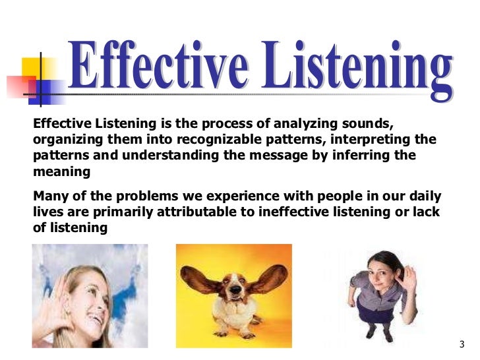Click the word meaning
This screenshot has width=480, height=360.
pyautogui.click(x=60, y=172)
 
